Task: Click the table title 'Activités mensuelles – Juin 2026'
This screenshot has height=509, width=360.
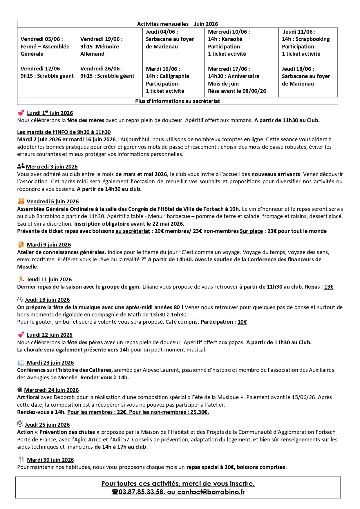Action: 177,24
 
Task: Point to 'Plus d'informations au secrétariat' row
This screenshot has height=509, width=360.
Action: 177,101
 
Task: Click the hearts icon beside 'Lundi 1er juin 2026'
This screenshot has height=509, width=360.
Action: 21,113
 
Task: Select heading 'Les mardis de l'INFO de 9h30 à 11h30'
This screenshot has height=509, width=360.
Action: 64,132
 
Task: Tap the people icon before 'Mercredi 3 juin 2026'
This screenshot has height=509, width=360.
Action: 21,166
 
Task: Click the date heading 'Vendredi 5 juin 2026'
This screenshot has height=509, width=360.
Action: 53,202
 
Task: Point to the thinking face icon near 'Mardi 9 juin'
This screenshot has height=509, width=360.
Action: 21,244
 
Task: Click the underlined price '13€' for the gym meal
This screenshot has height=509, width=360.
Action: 329,287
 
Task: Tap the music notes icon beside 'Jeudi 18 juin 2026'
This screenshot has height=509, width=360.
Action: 20,299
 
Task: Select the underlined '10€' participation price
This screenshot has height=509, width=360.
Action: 242,322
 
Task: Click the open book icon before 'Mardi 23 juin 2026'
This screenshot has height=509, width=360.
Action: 21,363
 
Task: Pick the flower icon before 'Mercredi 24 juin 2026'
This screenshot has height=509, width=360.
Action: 20,390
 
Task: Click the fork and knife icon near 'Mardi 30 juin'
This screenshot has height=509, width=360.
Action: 21,459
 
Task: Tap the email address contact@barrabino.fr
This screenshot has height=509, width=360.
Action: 211,492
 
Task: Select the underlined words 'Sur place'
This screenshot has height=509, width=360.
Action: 251,231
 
